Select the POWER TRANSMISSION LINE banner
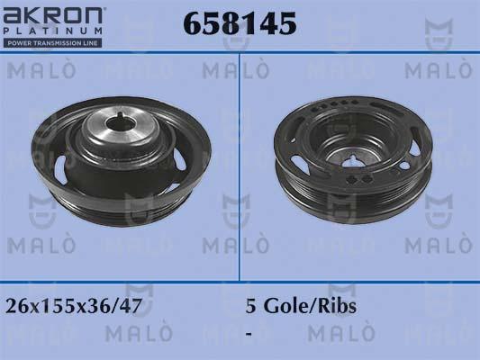[54, 44]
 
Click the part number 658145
[240, 25]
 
